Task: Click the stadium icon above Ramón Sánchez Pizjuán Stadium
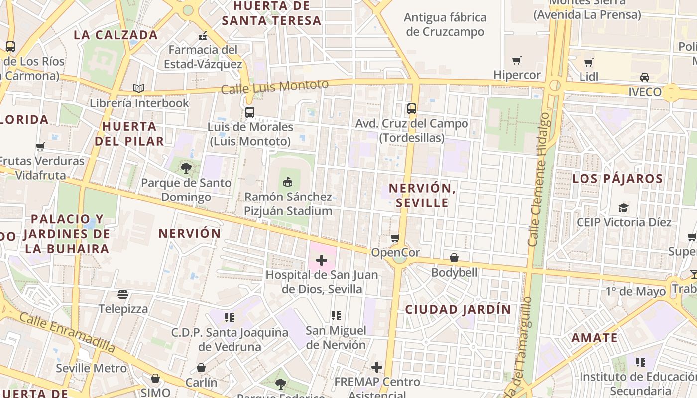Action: pos(288,182)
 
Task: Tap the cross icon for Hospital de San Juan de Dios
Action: pos(322,260)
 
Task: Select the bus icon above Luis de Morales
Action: pos(250,112)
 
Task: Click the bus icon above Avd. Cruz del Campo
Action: pos(412,109)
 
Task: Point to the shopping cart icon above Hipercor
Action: pos(517,61)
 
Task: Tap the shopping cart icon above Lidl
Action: pos(589,62)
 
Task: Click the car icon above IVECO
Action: pos(645,77)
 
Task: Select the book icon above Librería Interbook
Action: pos(139,89)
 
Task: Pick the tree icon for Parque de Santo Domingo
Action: pos(186,168)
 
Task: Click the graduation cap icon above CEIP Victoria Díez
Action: pos(624,208)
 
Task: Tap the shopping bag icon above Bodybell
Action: pos(454,258)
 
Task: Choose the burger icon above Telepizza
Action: pos(123,295)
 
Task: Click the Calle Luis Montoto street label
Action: pos(274,87)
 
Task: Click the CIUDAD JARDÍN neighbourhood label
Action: pos(458,309)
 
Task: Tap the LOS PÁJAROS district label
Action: pos(617,179)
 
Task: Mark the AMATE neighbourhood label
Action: pos(594,338)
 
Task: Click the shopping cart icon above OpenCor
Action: pos(395,238)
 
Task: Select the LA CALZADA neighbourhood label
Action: pos(116,35)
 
